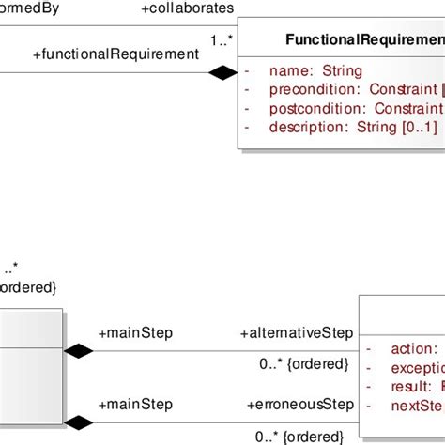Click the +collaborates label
coord(188,8)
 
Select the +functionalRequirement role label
coord(115,54)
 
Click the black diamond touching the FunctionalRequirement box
coord(222,72)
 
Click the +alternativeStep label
coord(296,332)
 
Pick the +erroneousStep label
coord(300,405)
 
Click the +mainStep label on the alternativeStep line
coord(135,332)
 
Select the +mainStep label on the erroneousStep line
coord(135,405)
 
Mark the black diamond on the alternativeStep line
coord(78,352)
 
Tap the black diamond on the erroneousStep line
coord(78,422)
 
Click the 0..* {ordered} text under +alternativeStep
coord(303,364)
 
